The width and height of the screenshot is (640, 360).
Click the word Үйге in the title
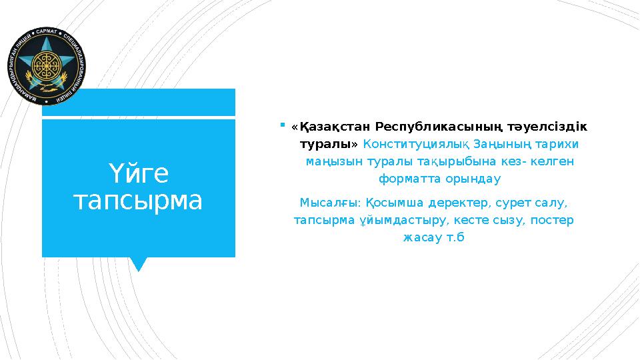click(x=138, y=175)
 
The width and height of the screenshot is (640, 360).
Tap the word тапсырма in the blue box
click(x=138, y=200)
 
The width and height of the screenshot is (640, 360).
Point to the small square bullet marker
click(x=283, y=124)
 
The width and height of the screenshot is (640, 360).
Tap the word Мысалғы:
click(x=331, y=202)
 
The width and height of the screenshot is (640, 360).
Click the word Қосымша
click(x=392, y=202)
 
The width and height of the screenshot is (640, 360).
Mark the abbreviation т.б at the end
click(x=453, y=237)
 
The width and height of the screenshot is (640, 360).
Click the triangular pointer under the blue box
click(x=139, y=264)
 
